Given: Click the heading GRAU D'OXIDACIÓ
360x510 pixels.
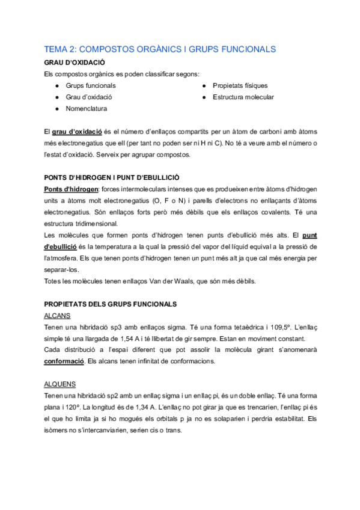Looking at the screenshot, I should pyautogui.click(x=75, y=63).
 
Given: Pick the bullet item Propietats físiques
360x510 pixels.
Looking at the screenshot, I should pyautogui.click(x=240, y=86).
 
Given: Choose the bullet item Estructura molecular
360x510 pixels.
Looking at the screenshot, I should pyautogui.click(x=243, y=97).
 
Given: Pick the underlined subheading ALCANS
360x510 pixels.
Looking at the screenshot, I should pyautogui.click(x=58, y=315).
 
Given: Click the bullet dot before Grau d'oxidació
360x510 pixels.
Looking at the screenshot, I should pyautogui.click(x=56, y=97).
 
